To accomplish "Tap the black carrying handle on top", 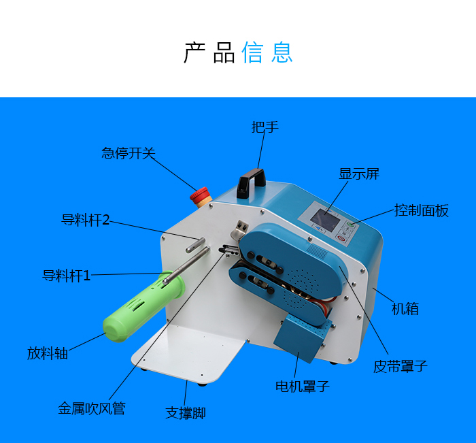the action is pyautogui.click(x=251, y=182).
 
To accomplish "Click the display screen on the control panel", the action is pyautogui.click(x=324, y=219).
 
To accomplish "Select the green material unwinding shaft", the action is pyautogui.click(x=143, y=306).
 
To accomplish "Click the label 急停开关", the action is pyautogui.click(x=129, y=153).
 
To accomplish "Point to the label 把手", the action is pyautogui.click(x=265, y=127).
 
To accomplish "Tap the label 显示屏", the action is pyautogui.click(x=359, y=174).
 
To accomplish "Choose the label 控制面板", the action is pyautogui.click(x=422, y=210).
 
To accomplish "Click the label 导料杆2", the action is pyautogui.click(x=85, y=220).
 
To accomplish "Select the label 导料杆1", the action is pyautogui.click(x=67, y=276).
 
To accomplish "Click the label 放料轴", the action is pyautogui.click(x=48, y=353).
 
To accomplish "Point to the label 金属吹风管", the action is pyautogui.click(x=92, y=408).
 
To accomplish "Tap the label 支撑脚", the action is pyautogui.click(x=186, y=413).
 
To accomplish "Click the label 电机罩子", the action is pyautogui.click(x=303, y=387).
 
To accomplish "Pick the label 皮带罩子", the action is pyautogui.click(x=400, y=366).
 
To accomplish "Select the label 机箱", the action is pyautogui.click(x=405, y=309).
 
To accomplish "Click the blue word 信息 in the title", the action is pyautogui.click(x=267, y=52).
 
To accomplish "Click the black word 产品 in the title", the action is pyautogui.click(x=209, y=52).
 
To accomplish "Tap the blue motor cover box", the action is pyautogui.click(x=301, y=338).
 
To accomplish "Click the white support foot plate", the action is pyautogui.click(x=188, y=352).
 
